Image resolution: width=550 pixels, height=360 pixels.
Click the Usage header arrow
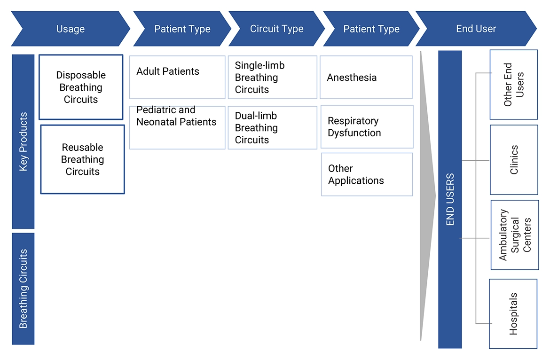[71, 29]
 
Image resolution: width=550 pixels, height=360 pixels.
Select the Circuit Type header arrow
[276, 29]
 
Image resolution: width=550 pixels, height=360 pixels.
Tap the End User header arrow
[476, 29]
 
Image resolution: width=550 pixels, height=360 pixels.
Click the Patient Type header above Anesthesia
[371, 29]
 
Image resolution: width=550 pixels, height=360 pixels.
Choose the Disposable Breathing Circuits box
[81, 87]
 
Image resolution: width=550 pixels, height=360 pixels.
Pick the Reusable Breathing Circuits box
[82, 159]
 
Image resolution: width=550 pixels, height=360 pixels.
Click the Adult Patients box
[177, 77]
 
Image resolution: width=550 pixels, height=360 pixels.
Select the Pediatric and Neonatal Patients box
[177, 127]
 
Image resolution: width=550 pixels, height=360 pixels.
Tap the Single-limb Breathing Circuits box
[272, 77]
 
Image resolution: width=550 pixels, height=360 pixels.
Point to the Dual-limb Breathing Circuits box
[272, 127]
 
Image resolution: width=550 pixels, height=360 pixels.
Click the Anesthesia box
[366, 77]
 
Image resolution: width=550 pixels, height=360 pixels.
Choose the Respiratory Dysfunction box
[366, 126]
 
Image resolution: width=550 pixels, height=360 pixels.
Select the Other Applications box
[367, 174]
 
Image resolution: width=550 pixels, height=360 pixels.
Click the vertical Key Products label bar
[23, 141]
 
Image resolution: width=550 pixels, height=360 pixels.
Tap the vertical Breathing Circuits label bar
[23, 289]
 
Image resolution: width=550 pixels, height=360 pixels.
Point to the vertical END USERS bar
[450, 199]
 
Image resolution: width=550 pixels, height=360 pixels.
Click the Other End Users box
[513, 85]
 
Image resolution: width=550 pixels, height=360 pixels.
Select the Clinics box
[514, 160]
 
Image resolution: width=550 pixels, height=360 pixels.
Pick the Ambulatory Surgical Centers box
[514, 235]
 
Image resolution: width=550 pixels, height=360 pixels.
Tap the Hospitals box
[513, 313]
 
